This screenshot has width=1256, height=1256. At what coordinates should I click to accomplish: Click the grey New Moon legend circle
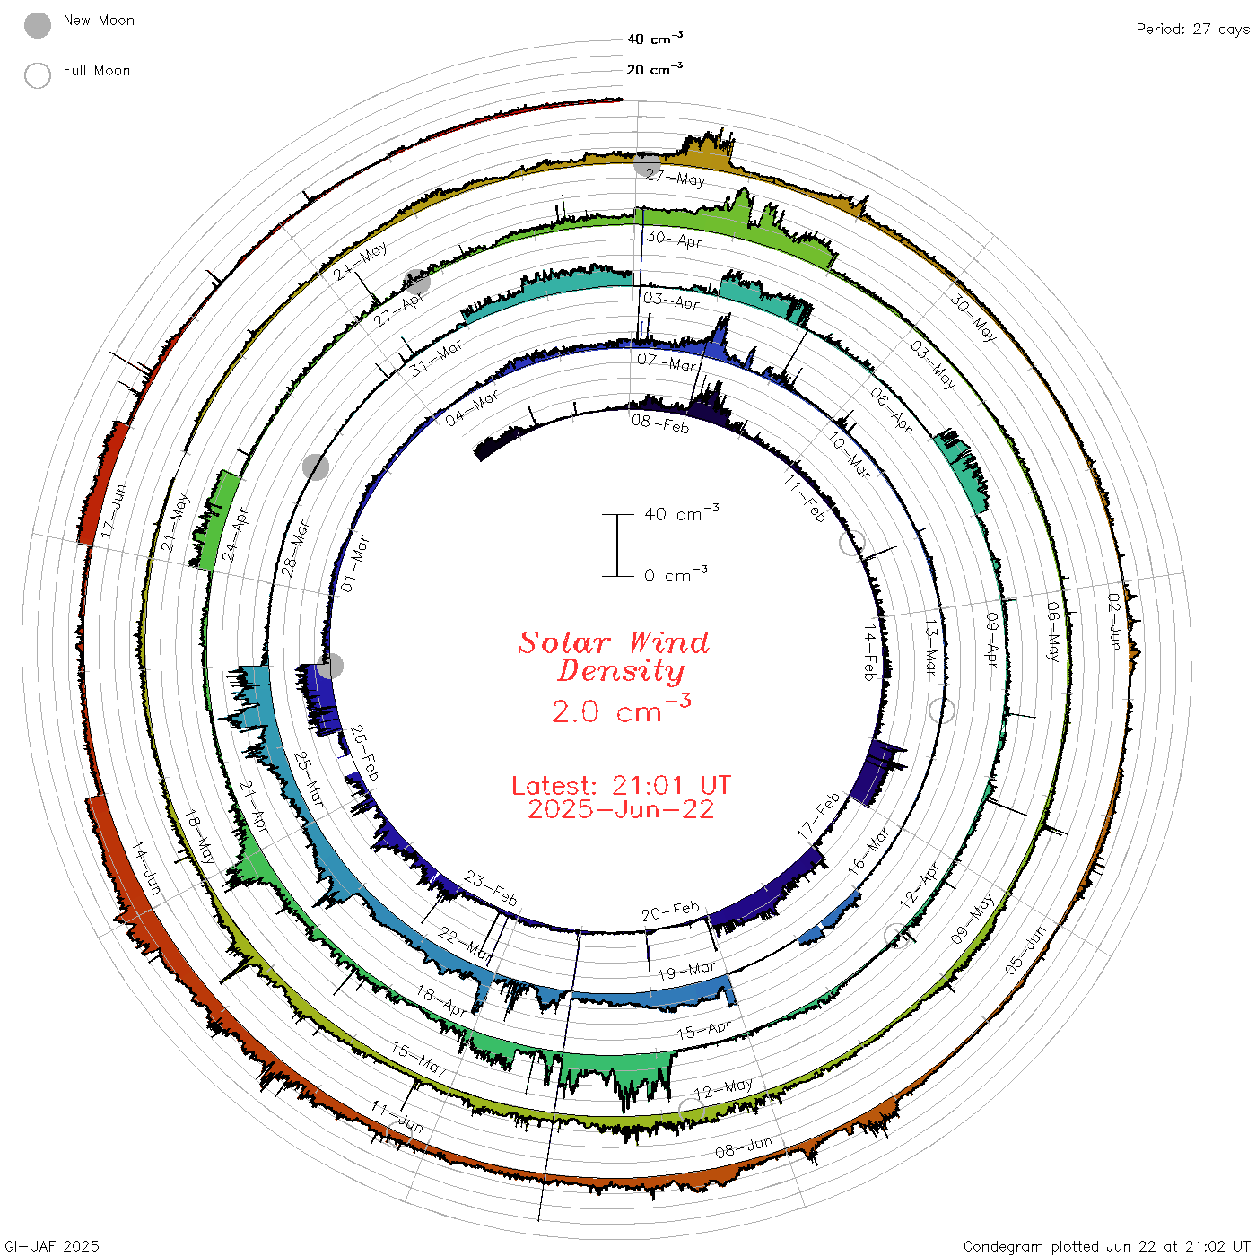(37, 25)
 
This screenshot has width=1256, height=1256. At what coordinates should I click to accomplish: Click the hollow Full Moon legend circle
(37, 75)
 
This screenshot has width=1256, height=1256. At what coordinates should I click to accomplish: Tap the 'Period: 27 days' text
(1192, 29)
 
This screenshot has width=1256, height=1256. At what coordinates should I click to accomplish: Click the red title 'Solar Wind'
(614, 642)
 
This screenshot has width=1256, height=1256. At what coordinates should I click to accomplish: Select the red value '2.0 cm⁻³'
(621, 709)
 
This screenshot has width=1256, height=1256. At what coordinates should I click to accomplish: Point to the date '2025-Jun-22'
(621, 809)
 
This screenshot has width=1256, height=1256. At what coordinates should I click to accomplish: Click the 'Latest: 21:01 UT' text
(621, 785)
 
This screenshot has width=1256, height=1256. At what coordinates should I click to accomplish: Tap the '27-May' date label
(676, 178)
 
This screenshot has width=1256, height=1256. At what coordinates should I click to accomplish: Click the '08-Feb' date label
(659, 423)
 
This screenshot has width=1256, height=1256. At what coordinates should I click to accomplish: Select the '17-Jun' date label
(113, 511)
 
